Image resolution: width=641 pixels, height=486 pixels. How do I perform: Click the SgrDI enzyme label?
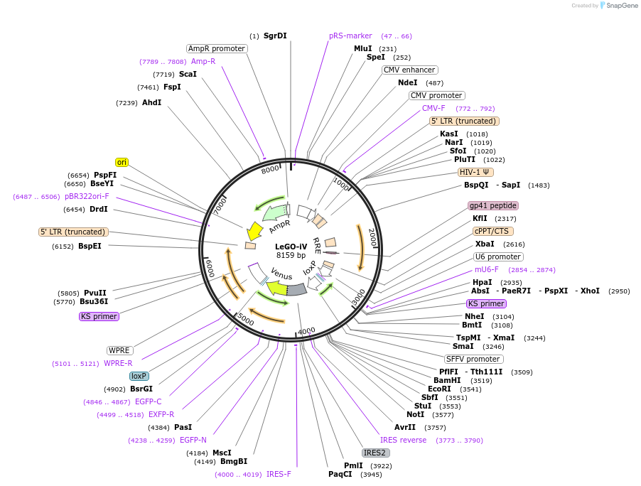pyautogui.click(x=275, y=36)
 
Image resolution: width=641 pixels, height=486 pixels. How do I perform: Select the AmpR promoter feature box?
pyautogui.click(x=217, y=48)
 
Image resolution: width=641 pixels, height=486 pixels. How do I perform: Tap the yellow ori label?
pyautogui.click(x=122, y=162)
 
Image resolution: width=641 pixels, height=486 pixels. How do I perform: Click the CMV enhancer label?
pyautogui.click(x=409, y=70)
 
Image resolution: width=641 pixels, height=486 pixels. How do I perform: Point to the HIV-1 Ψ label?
pyautogui.click(x=475, y=172)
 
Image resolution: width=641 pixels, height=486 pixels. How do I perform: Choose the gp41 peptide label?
pyautogui.click(x=493, y=205)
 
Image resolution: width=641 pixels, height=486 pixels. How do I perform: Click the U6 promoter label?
pyautogui.click(x=498, y=256)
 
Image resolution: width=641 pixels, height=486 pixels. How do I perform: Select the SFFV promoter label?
pyautogui.click(x=473, y=359)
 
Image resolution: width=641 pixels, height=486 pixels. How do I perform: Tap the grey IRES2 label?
pyautogui.click(x=375, y=453)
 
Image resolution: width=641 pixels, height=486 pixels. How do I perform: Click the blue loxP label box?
pyautogui.click(x=139, y=376)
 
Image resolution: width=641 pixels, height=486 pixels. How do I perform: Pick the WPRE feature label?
pyautogui.click(x=119, y=350)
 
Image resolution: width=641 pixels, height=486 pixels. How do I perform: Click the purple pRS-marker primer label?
pyautogui.click(x=350, y=36)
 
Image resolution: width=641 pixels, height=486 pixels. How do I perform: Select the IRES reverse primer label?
pyautogui.click(x=404, y=440)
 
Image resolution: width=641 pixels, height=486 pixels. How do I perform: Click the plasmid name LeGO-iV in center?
pyautogui.click(x=291, y=247)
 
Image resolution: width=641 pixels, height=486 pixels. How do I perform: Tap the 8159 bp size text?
pyautogui.click(x=291, y=255)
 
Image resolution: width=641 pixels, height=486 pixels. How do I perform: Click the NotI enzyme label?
pyautogui.click(x=415, y=414)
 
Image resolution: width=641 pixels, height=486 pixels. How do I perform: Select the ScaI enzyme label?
pyautogui.click(x=188, y=74)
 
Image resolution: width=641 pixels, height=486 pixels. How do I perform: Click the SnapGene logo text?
pyautogui.click(x=620, y=6)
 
